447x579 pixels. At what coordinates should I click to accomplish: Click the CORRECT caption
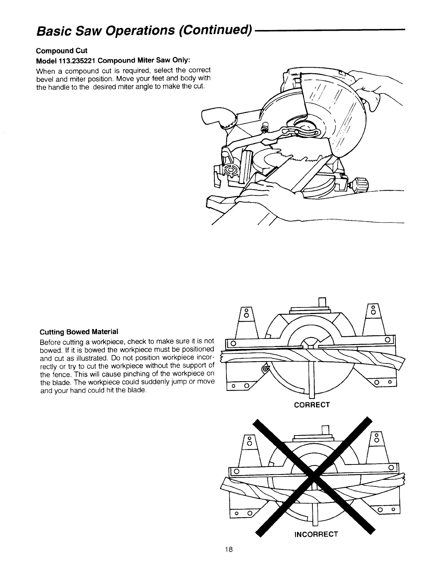pos(312,405)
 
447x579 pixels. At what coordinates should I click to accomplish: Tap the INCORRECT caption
pos(316,534)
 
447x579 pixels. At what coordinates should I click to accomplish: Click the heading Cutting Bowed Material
pos(79,332)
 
